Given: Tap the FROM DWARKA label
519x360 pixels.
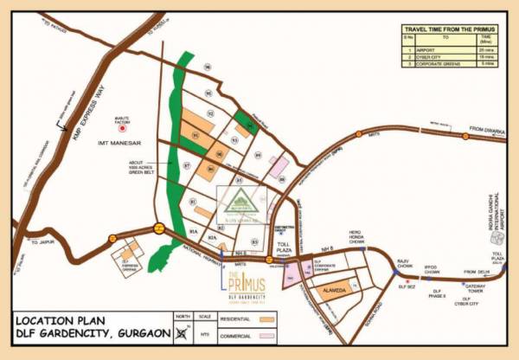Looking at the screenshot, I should [x=485, y=130].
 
